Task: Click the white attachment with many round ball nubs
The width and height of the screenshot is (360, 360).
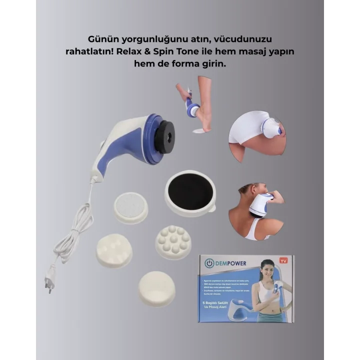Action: [x=173, y=242]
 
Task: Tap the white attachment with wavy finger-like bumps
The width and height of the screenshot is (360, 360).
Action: [x=114, y=249]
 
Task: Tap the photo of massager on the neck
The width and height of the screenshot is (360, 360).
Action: [x=256, y=210]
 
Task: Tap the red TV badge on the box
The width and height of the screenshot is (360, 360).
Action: [x=284, y=260]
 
